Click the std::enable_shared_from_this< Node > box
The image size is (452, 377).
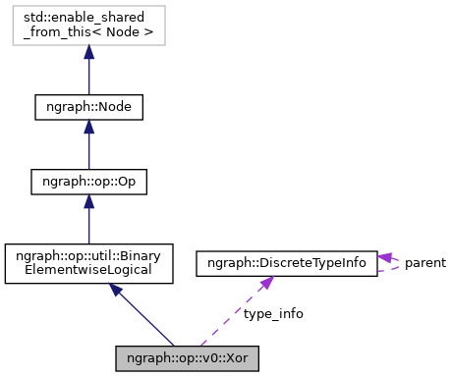click(88, 25)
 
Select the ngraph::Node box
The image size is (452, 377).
click(88, 106)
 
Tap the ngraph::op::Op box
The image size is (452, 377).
click(88, 182)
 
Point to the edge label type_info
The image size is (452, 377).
click(272, 313)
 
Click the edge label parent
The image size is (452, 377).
click(424, 263)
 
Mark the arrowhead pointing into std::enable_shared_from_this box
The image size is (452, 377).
click(88, 53)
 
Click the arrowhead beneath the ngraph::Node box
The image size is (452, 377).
click(88, 128)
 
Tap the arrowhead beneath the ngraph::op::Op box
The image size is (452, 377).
click(88, 202)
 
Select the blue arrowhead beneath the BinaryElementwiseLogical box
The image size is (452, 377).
click(116, 291)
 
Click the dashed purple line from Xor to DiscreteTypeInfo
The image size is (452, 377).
click(236, 314)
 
